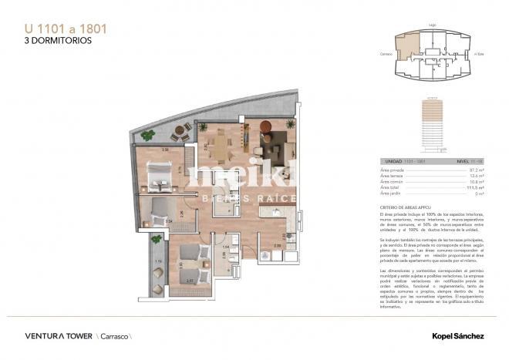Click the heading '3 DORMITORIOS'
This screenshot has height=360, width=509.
(52, 41)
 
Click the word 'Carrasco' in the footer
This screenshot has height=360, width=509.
(113, 336)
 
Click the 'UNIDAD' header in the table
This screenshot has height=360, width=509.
(389, 162)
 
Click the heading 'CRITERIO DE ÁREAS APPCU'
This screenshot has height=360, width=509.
(408, 207)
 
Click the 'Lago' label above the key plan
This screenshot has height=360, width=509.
(434, 25)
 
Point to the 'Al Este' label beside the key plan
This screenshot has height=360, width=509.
(479, 54)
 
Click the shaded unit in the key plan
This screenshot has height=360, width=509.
(406, 46)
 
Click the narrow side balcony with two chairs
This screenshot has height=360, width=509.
(157, 270)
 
